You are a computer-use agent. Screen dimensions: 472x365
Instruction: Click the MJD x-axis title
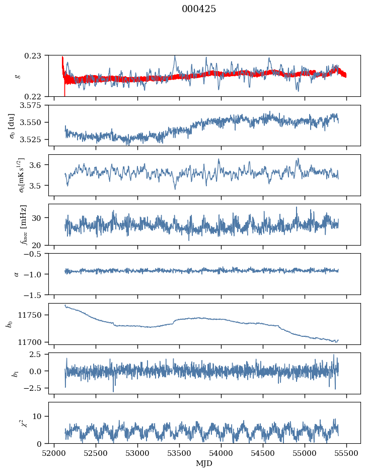coord(204,463)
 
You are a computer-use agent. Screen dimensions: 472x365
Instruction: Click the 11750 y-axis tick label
coord(34,315)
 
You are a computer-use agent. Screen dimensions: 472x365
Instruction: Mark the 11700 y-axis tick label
coord(34,342)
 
